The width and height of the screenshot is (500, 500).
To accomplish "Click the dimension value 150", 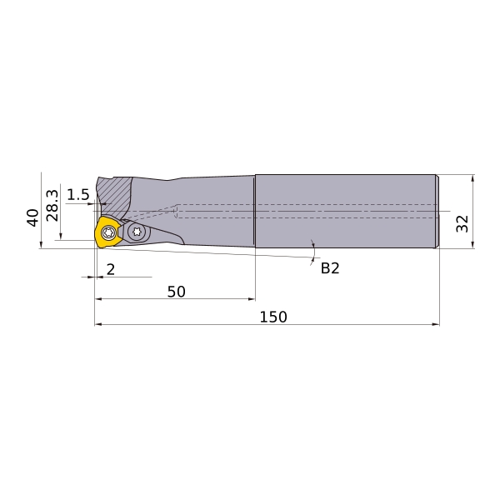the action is [x=273, y=317].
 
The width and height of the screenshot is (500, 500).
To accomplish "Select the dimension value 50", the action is [x=177, y=292].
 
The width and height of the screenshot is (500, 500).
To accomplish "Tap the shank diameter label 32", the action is [x=462, y=223].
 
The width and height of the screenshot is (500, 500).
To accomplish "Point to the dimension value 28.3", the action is [x=52, y=206].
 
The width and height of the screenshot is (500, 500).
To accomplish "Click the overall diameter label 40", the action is [x=32, y=217].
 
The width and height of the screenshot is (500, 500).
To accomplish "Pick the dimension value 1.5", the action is [x=78, y=195].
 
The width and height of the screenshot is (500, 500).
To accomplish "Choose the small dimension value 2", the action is [x=111, y=270].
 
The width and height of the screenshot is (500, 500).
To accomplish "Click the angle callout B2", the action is [x=330, y=268].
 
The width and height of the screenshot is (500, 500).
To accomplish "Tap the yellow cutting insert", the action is [x=107, y=232].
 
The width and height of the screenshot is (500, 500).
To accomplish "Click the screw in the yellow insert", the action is [x=108, y=232].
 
